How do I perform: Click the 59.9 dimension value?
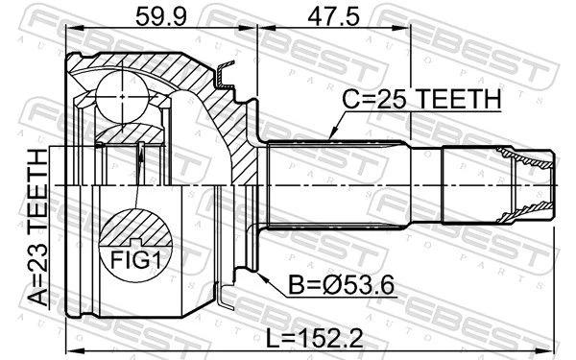161,17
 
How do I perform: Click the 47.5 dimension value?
333,17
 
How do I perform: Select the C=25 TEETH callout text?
421,99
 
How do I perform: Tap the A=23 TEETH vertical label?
38,228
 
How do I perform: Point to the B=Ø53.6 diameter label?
341,285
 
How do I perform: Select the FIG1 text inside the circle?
136,260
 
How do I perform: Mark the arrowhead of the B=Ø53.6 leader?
262,276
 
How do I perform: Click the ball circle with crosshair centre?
122,96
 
